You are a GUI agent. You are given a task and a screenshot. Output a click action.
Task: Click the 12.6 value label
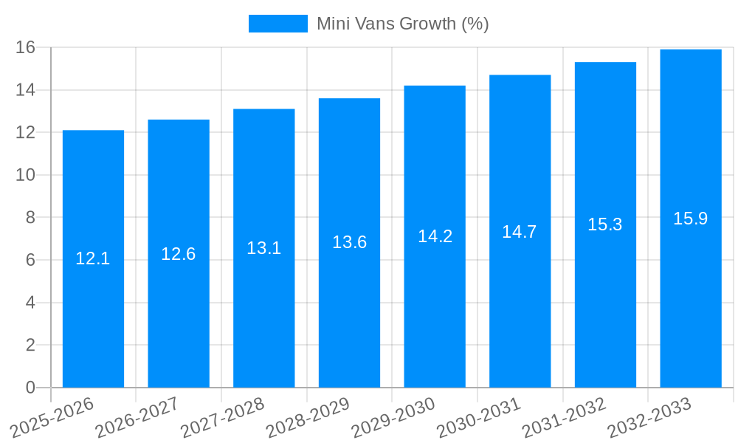[179, 254]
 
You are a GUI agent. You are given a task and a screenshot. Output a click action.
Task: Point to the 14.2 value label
[435, 236]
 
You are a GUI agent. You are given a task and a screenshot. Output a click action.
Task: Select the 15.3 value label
[605, 224]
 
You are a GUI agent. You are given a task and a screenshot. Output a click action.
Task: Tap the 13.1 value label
[263, 248]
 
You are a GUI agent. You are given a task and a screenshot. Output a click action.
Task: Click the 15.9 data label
[691, 219]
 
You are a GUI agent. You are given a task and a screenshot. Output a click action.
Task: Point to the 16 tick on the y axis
[26, 47]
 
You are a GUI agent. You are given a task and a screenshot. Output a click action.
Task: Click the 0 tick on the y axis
[30, 388]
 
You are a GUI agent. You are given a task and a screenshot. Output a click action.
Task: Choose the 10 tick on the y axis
[26, 175]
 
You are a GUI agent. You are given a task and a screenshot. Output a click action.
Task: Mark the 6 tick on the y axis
[30, 260]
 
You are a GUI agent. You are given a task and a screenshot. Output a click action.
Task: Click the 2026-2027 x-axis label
[137, 417]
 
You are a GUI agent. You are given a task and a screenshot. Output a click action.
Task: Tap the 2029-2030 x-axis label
[393, 417]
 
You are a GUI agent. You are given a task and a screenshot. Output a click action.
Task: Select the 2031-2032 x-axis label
[565, 417]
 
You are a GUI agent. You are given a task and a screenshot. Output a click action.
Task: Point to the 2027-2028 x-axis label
[223, 417]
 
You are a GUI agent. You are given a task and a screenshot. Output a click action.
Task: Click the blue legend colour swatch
[278, 24]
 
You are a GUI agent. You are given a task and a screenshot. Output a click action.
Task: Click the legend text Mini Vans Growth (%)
[403, 24]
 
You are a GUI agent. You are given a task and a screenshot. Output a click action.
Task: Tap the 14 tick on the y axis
[26, 90]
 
